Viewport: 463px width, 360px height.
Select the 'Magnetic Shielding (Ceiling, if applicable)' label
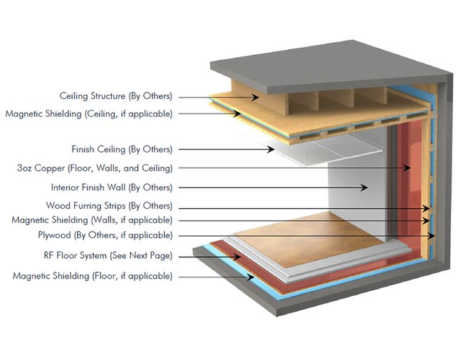(89, 113)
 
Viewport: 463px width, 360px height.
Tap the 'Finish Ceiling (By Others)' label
(122, 150)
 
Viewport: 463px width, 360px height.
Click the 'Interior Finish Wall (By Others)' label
(112, 187)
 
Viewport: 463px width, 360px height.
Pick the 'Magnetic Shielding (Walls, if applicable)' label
(92, 220)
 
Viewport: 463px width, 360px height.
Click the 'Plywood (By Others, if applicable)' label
(105, 235)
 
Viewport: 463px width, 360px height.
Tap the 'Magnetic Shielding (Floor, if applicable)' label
(93, 275)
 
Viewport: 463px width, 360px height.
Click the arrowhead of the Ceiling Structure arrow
(261, 96)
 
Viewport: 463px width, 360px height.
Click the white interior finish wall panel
(356, 182)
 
